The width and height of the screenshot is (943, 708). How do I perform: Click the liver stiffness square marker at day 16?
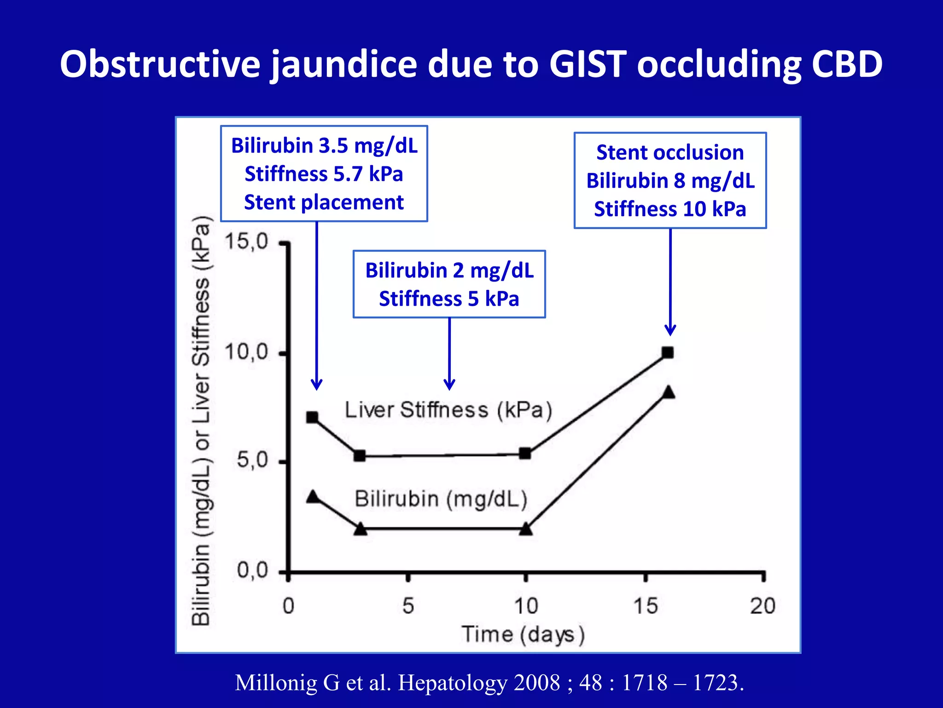(x=668, y=353)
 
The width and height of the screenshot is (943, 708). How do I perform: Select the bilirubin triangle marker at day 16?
(x=669, y=393)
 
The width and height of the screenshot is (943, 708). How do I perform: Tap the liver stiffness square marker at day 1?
(x=312, y=418)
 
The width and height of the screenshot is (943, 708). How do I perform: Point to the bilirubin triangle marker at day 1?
(x=313, y=497)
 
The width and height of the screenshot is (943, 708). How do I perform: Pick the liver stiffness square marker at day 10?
(x=525, y=454)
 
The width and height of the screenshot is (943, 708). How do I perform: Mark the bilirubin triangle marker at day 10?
(x=526, y=529)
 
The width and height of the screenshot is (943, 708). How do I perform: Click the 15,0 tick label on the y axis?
(x=246, y=242)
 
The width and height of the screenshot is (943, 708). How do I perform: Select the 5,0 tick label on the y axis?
(x=252, y=460)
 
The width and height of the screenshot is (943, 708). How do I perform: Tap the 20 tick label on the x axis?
(x=763, y=606)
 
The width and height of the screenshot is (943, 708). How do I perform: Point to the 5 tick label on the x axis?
(x=408, y=606)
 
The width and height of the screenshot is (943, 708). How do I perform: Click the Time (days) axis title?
(x=523, y=634)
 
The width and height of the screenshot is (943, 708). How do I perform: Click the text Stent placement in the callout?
(x=324, y=202)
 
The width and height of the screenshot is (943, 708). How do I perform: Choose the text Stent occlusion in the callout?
(x=670, y=153)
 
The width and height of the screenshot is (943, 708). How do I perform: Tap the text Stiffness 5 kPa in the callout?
(x=449, y=299)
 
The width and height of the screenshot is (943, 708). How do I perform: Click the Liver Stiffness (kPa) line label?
(x=448, y=410)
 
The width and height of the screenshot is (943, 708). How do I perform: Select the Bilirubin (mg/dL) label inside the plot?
(x=441, y=499)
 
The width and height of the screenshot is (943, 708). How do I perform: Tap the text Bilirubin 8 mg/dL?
(x=670, y=181)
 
